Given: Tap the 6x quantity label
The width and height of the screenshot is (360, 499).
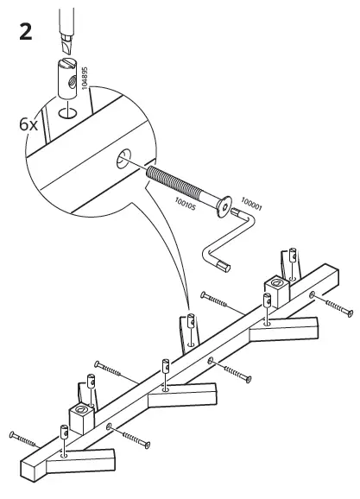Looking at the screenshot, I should click(x=29, y=123).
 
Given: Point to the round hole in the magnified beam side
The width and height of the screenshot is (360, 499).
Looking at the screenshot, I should click(x=123, y=158).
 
